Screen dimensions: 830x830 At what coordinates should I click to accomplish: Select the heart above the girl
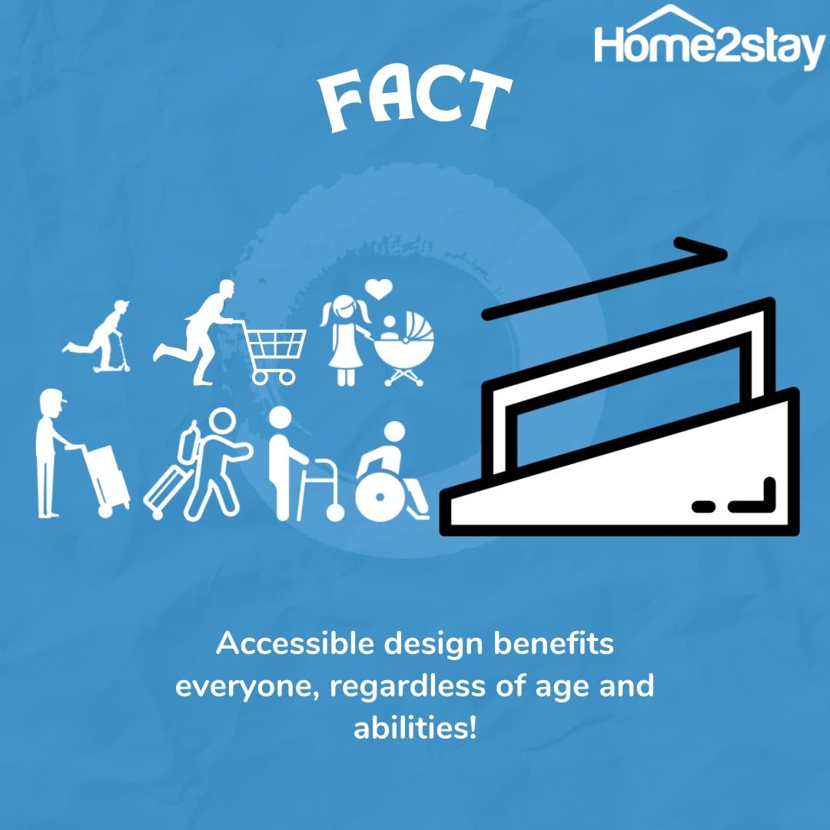pyautogui.click(x=378, y=288)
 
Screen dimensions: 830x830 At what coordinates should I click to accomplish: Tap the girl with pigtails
pyautogui.click(x=345, y=340)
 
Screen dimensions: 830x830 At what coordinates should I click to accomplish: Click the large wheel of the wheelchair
pyautogui.click(x=380, y=496)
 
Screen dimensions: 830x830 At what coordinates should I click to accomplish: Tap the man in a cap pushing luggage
pyautogui.click(x=53, y=453)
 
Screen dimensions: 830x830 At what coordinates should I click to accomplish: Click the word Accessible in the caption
pyautogui.click(x=296, y=644)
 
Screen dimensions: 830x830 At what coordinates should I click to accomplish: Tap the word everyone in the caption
pyautogui.click(x=247, y=687)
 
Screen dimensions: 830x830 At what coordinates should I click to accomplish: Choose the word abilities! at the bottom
pyautogui.click(x=415, y=728)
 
